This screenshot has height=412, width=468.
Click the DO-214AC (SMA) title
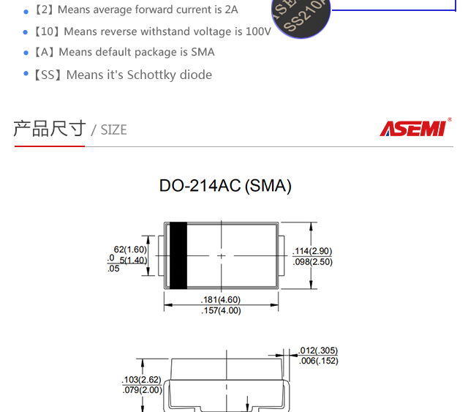click(225, 186)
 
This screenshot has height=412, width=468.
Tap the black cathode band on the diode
click(178, 255)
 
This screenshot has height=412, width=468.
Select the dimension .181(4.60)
click(220, 299)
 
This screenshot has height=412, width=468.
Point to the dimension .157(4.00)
click(220, 310)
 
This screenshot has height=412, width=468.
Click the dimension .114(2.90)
click(312, 251)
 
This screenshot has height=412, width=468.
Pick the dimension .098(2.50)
click(312, 261)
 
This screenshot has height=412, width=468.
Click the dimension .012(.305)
click(319, 351)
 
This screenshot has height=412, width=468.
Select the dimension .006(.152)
click(319, 361)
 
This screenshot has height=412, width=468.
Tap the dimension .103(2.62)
click(141, 380)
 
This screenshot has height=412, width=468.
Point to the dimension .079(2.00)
click(141, 390)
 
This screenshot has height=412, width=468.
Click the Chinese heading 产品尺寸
click(50, 129)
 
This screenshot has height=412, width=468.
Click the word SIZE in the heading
click(113, 130)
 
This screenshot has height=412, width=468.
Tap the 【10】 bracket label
click(47, 31)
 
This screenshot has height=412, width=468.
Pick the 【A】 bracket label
click(45, 52)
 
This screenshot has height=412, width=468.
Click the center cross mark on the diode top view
click(222, 255)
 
